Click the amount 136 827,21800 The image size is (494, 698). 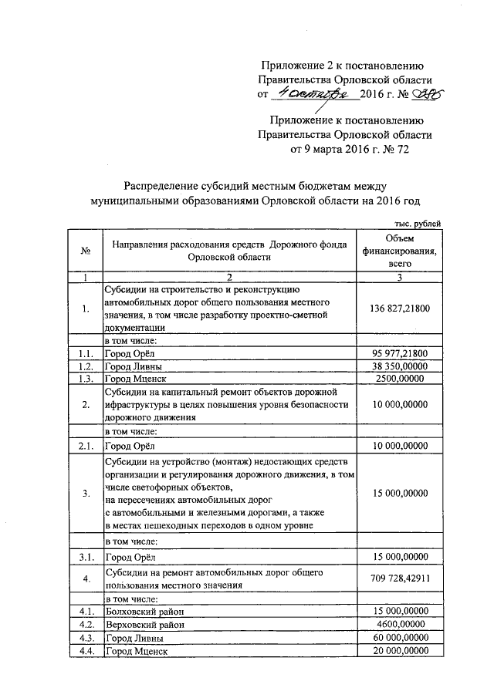click(399, 309)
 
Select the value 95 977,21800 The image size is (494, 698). click(399, 352)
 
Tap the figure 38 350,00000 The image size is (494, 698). click(399, 366)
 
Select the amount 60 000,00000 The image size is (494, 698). click(399, 638)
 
